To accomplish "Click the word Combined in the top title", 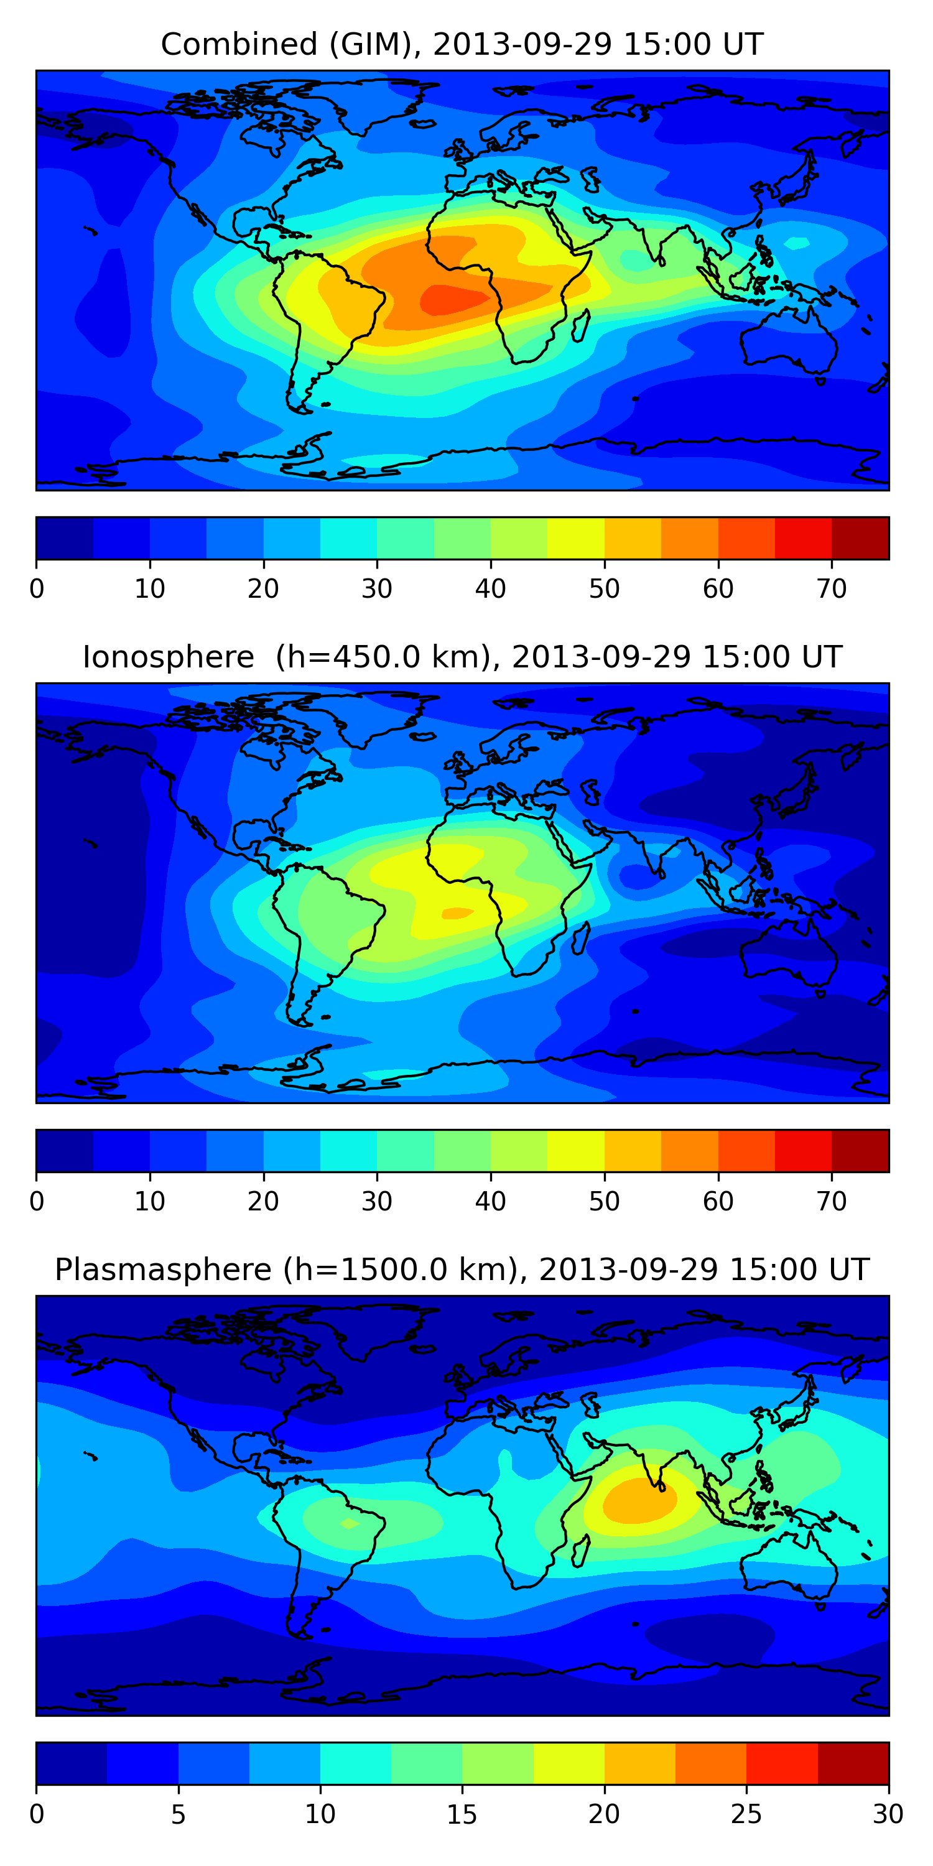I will [x=238, y=45].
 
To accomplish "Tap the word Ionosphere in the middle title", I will [x=168, y=657].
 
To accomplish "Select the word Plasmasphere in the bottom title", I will [x=162, y=1270].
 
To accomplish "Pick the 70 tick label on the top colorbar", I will [x=831, y=589].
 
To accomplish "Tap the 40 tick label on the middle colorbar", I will [x=490, y=1202].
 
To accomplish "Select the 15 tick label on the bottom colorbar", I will [x=462, y=1814].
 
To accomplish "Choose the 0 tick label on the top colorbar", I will [x=37, y=589].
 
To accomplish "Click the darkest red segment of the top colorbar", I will [x=860, y=538].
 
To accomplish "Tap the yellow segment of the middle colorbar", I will [x=575, y=1151].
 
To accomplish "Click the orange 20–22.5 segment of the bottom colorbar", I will [x=639, y=1764].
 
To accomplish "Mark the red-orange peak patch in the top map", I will [x=453, y=299].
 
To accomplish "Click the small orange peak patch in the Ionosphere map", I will [x=457, y=912].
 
